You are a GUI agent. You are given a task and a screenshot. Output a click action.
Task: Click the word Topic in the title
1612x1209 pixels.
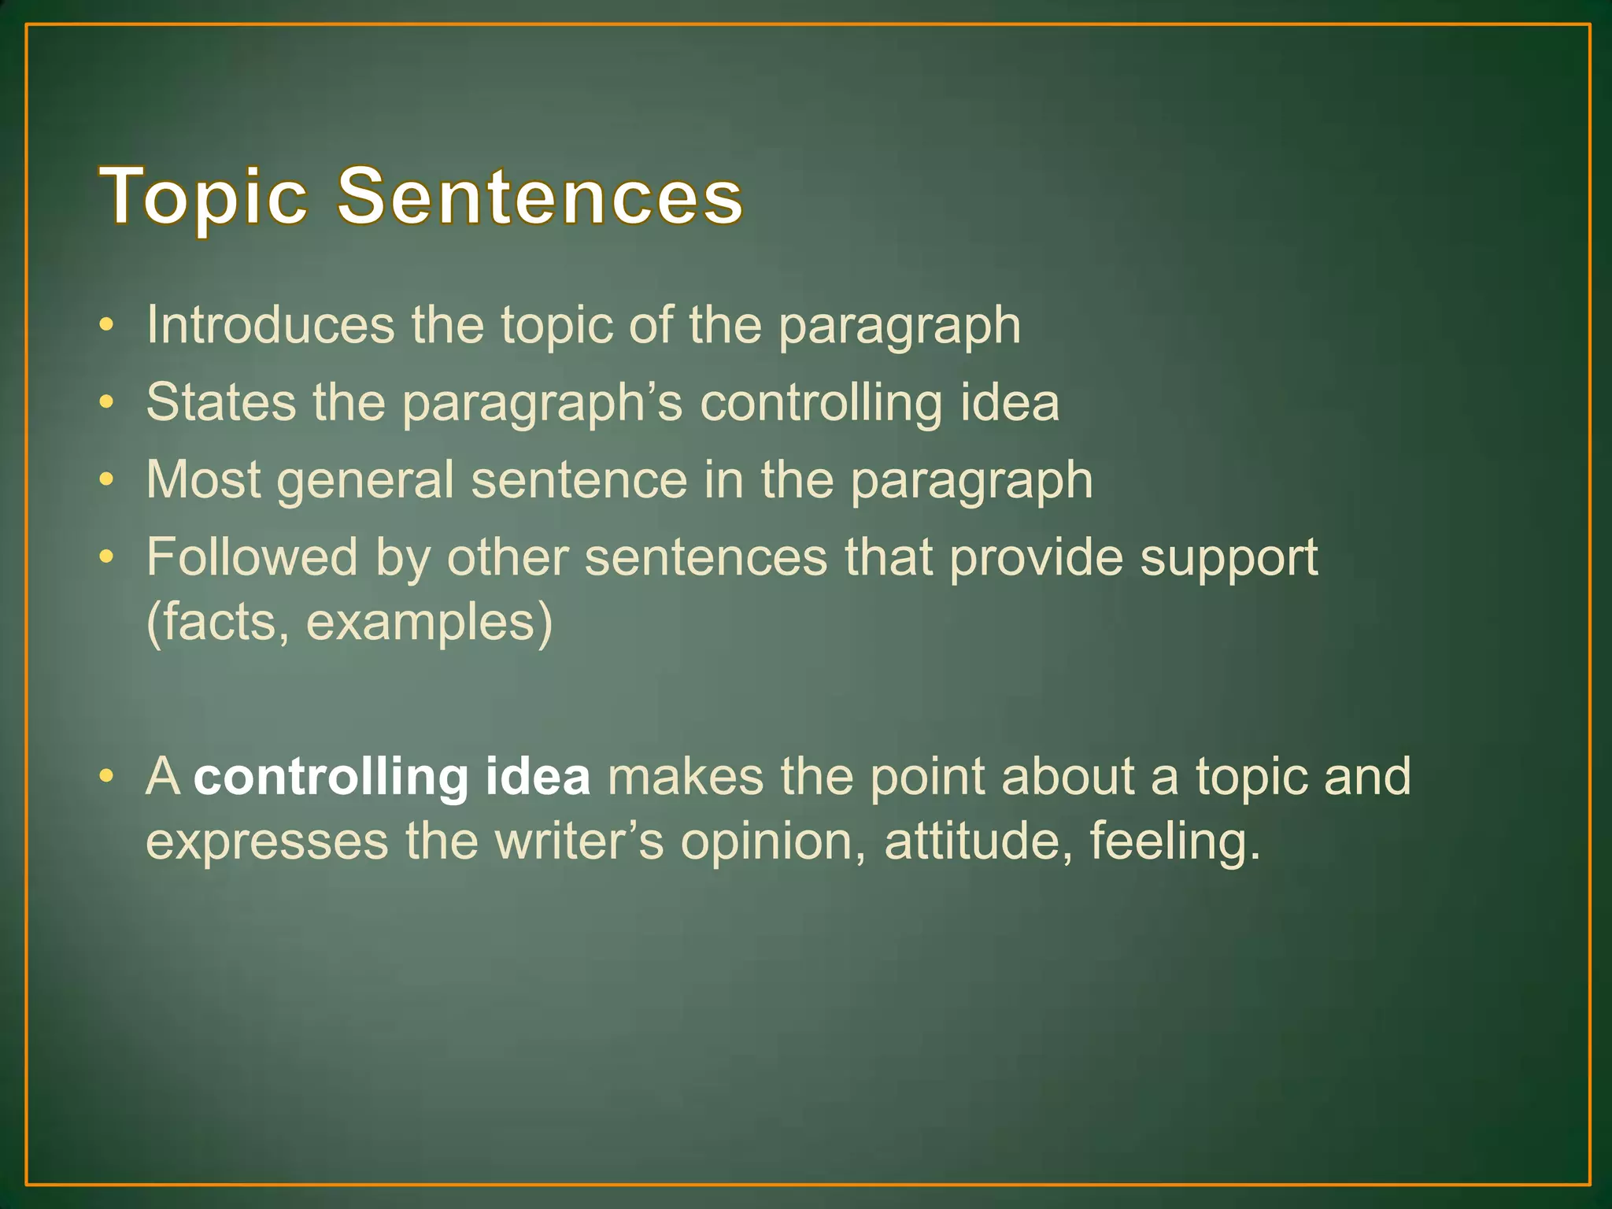point(203,197)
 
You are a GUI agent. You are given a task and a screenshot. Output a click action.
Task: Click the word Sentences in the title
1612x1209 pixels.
point(540,197)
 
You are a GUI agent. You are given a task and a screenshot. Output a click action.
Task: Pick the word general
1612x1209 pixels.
point(365,480)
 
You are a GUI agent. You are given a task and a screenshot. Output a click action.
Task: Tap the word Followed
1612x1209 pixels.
point(252,556)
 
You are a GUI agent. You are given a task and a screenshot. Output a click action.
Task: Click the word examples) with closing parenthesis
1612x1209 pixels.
point(429,622)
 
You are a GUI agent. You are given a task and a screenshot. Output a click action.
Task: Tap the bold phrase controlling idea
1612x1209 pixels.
point(392,776)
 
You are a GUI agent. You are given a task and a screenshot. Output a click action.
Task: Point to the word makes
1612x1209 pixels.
point(685,776)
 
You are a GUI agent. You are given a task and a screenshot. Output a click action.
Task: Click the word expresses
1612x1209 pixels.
point(267,842)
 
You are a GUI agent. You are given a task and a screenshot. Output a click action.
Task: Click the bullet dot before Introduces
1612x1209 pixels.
point(106,325)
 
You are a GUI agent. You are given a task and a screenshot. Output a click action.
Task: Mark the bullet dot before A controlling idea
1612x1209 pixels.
point(106,777)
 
